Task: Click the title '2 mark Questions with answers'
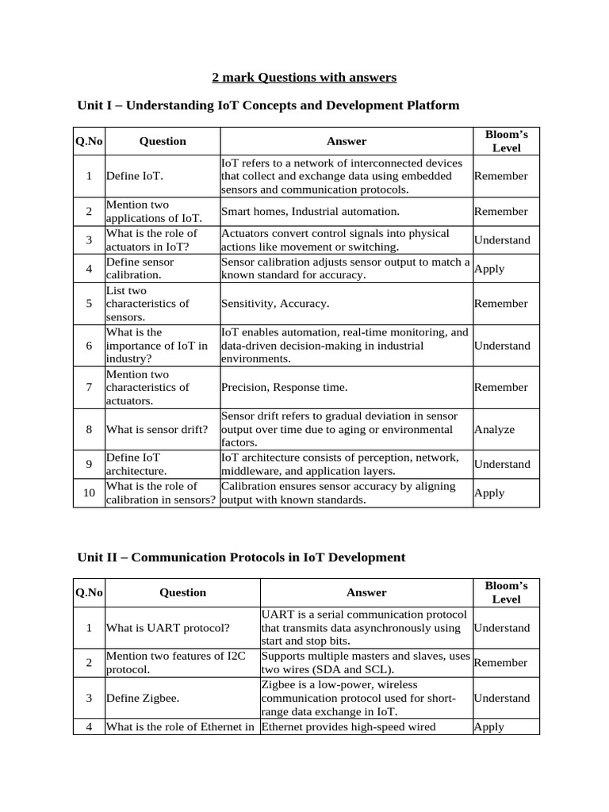tap(304, 78)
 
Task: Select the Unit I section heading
tap(268, 105)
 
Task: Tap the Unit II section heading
tap(241, 557)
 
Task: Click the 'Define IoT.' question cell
tap(135, 176)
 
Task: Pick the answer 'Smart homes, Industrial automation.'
tap(310, 212)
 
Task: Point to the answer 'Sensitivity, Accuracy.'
tap(275, 304)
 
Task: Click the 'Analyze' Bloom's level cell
tap(494, 430)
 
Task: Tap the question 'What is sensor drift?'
tap(157, 430)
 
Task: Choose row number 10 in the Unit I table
tap(89, 493)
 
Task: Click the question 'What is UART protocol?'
tap(168, 628)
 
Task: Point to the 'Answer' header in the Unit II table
tap(366, 592)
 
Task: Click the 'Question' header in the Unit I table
tap(163, 141)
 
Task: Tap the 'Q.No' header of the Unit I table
tap(89, 141)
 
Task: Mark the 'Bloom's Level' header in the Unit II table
tap(506, 592)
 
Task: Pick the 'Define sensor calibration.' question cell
tap(140, 268)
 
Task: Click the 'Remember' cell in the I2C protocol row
tap(500, 663)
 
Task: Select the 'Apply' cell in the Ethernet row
tap(489, 726)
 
